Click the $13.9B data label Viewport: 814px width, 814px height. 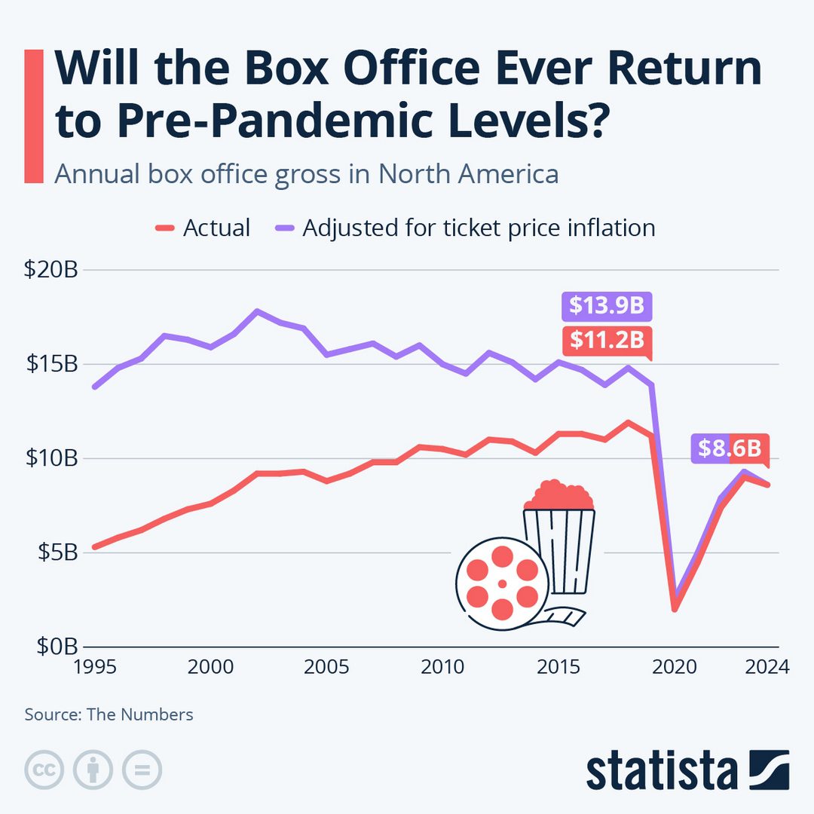tap(606, 306)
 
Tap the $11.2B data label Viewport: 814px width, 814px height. tap(606, 341)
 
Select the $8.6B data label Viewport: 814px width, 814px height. tap(729, 448)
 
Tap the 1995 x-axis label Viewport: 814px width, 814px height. tap(94, 667)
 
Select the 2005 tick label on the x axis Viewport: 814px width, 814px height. tap(326, 667)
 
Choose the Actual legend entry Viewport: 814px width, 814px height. tap(203, 228)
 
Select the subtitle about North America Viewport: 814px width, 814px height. tap(306, 174)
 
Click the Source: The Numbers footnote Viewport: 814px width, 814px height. tap(109, 715)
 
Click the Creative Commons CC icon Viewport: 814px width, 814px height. tap(44, 770)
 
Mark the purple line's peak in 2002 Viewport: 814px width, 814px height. tap(257, 311)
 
